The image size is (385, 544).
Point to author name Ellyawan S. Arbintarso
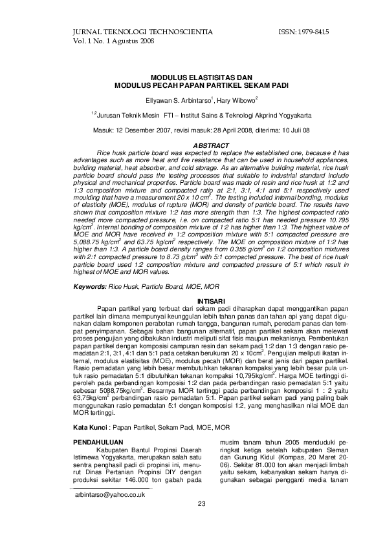tap(179, 100)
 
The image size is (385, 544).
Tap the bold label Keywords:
tap(89, 285)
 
